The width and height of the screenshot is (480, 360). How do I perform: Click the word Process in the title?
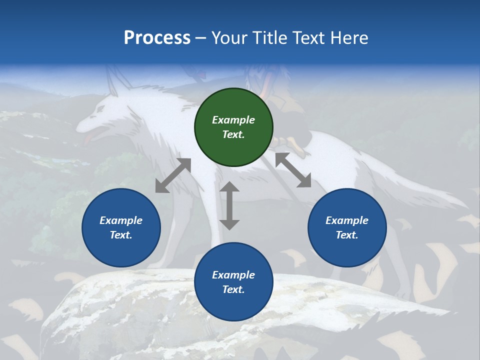pos(157,38)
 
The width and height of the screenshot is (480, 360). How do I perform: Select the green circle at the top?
pos(233,127)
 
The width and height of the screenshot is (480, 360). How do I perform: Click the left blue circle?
pos(121,227)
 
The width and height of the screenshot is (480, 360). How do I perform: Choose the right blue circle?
pos(347,227)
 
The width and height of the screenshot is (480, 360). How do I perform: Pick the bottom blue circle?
pos(233,282)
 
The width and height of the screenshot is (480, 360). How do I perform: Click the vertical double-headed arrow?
pos(229,205)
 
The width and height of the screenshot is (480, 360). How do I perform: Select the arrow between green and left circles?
pos(173,175)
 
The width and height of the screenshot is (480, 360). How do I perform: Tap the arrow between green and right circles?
pos(293,170)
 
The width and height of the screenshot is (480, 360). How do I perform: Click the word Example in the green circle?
pos(233,120)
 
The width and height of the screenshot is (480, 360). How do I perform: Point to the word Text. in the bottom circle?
pos(233,289)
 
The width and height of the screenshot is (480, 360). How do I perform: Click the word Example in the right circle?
pos(347,220)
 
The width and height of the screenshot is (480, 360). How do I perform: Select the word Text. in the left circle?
pos(121,235)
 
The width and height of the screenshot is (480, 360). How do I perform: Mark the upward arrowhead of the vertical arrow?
pos(229,187)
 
